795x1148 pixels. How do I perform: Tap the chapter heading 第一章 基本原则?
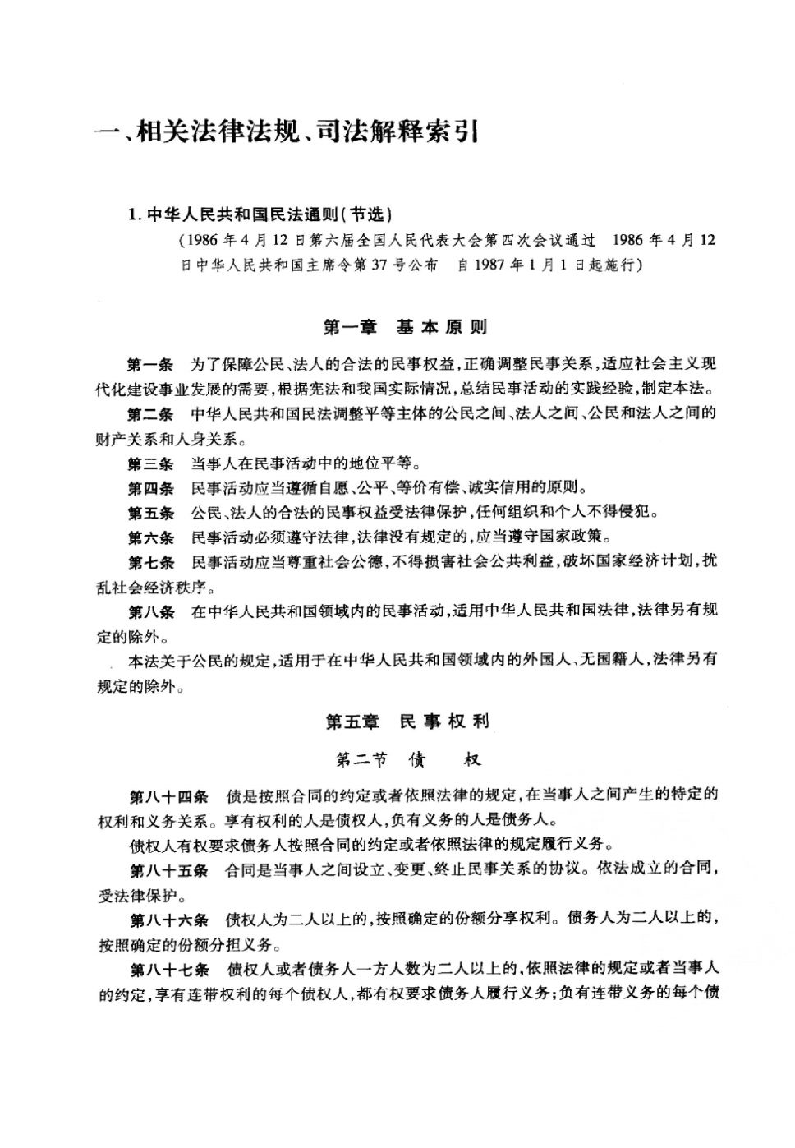(x=405, y=327)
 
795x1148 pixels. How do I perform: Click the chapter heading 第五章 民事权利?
(x=407, y=722)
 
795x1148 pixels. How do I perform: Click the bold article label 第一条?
(x=150, y=364)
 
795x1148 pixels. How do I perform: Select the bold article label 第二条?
(x=150, y=413)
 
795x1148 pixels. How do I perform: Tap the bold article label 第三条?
(x=150, y=463)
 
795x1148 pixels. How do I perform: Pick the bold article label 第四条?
(x=150, y=488)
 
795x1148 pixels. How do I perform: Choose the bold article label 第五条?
(x=150, y=513)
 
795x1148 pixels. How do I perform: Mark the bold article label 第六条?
(x=150, y=537)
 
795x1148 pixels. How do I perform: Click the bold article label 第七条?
(x=150, y=563)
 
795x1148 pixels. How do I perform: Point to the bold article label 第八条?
(x=150, y=611)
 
